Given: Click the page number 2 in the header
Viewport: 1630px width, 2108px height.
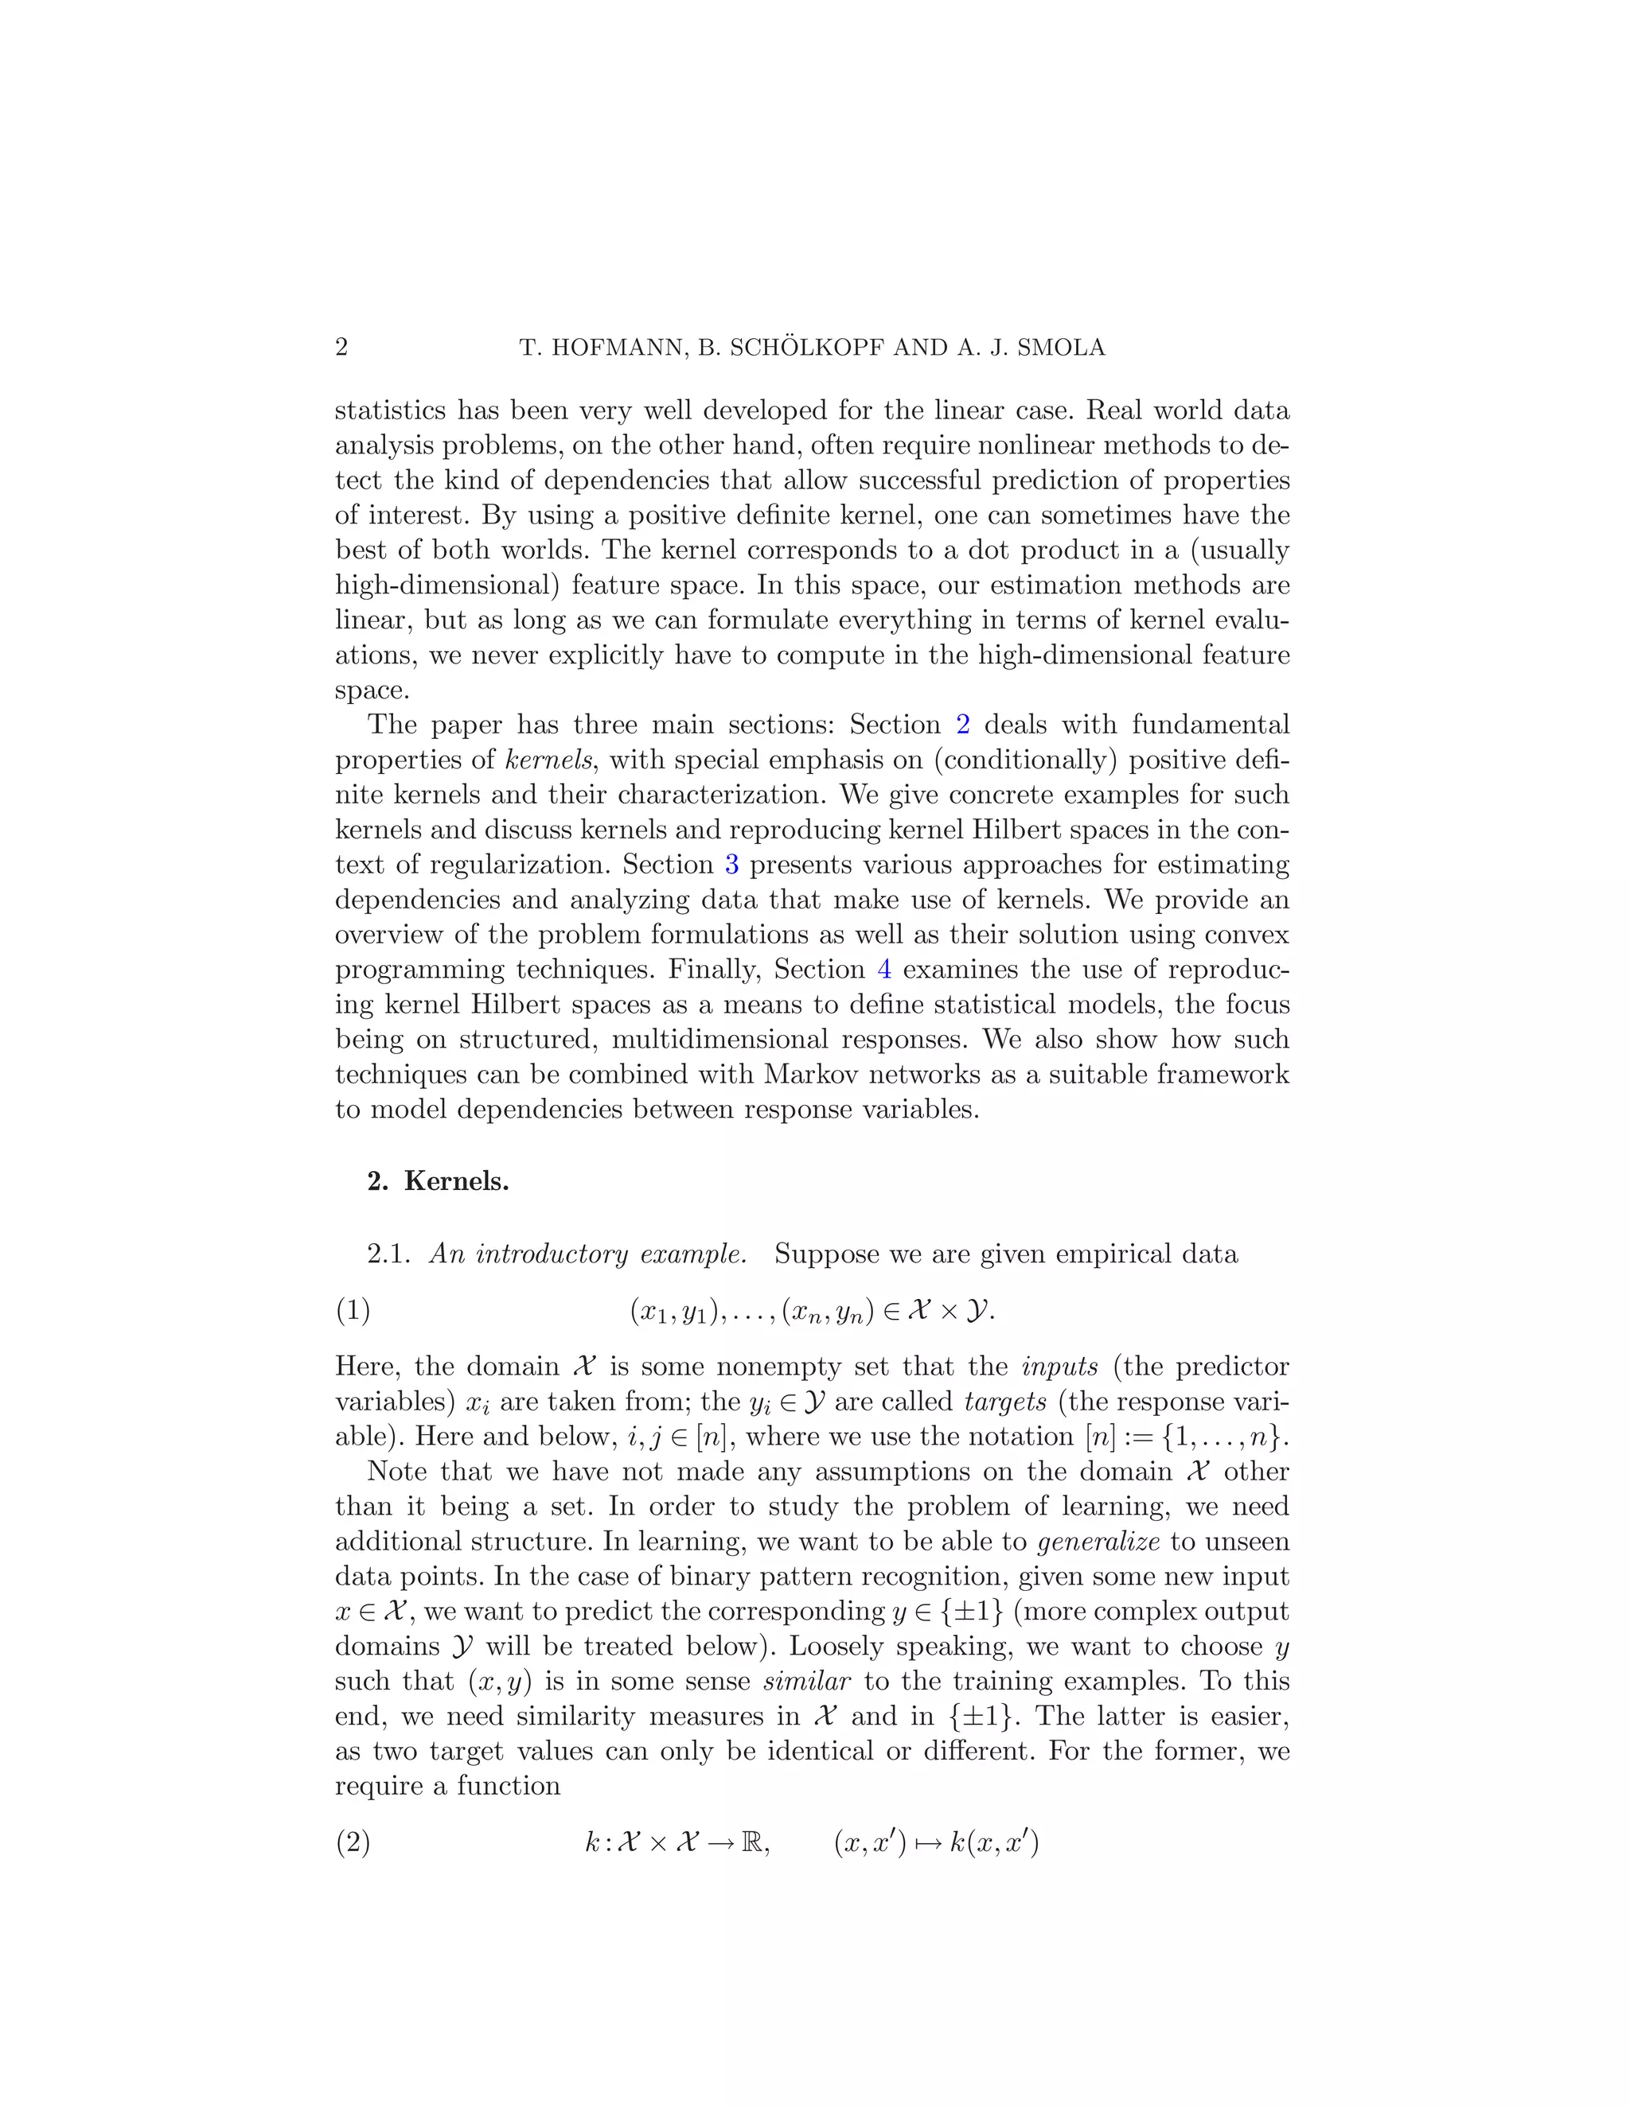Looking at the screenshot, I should pos(341,348).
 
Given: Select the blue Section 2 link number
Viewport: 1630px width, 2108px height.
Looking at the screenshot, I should pos(963,725).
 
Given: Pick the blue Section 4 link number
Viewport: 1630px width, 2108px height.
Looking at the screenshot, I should pos(884,969).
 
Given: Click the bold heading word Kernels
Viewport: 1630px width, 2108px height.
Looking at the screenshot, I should pos(456,1181).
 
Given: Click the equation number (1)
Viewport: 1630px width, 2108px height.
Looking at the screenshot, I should pos(353,1311).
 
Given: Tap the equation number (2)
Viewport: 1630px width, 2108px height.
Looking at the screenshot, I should pos(353,1842).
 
